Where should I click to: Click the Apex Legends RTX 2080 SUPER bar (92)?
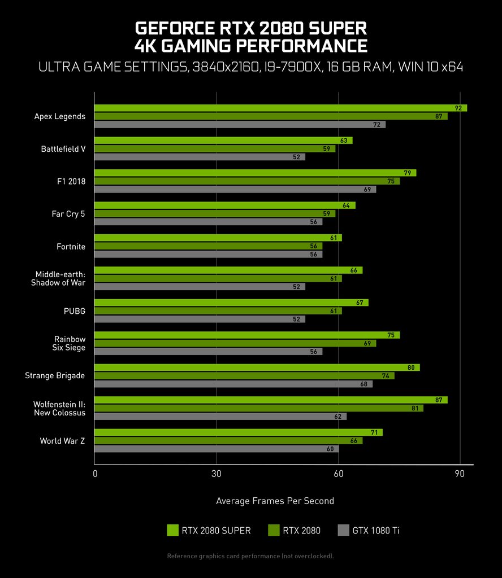pos(280,108)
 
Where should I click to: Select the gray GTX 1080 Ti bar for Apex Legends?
pos(239,124)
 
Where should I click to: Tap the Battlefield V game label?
pos(63,149)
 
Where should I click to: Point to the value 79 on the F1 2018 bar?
pos(406,173)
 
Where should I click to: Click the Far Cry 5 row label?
pos(68,214)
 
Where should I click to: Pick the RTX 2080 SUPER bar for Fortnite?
pos(218,238)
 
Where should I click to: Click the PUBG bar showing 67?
pos(231,303)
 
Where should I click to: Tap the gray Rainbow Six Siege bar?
pos(207,352)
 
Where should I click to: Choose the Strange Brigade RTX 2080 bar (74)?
pos(244,375)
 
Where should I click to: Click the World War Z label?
pos(62,441)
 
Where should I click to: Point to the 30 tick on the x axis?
pos(216,474)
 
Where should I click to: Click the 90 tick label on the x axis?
pos(460,474)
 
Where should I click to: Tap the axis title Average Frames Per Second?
pos(275,501)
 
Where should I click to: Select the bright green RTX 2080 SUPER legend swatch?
pos(173,531)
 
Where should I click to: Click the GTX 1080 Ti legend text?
pos(376,531)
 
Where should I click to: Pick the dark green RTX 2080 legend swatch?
pos(274,531)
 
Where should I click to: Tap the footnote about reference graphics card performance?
pos(250,557)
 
